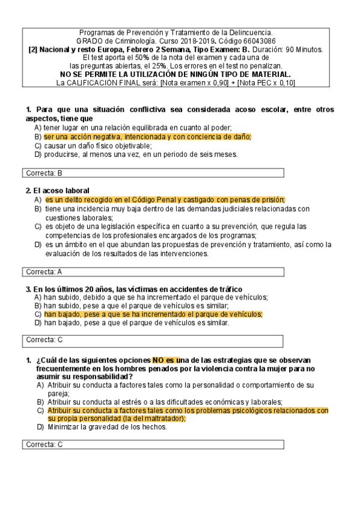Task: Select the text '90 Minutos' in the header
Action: pos(303,49)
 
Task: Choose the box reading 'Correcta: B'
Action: pos(152,173)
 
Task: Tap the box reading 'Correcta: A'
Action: pos(152,271)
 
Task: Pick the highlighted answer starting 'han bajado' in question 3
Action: pos(153,314)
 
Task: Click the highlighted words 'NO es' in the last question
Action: pos(166,360)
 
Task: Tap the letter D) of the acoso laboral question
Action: pos(38,245)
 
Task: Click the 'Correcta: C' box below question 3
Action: pos(152,340)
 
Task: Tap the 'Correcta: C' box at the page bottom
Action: pos(152,444)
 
